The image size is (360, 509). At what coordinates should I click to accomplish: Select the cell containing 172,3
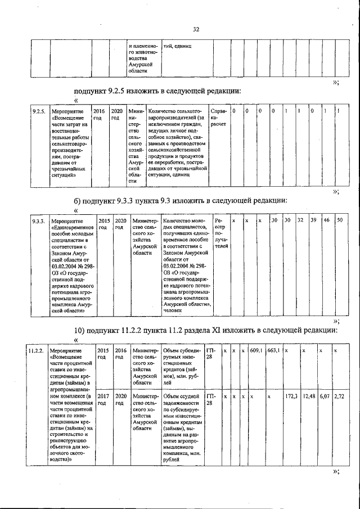click(x=291, y=397)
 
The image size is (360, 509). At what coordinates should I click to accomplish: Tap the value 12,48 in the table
click(x=308, y=397)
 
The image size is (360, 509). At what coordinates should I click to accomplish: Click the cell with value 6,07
click(x=324, y=397)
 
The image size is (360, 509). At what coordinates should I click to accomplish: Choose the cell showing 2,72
click(x=339, y=397)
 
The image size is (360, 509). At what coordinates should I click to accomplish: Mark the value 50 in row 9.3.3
click(x=339, y=220)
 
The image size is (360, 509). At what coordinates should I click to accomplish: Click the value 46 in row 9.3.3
click(x=326, y=220)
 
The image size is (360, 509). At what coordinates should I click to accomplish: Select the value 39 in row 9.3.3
click(x=313, y=220)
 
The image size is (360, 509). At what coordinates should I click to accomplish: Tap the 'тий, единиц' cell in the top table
click(x=177, y=46)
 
